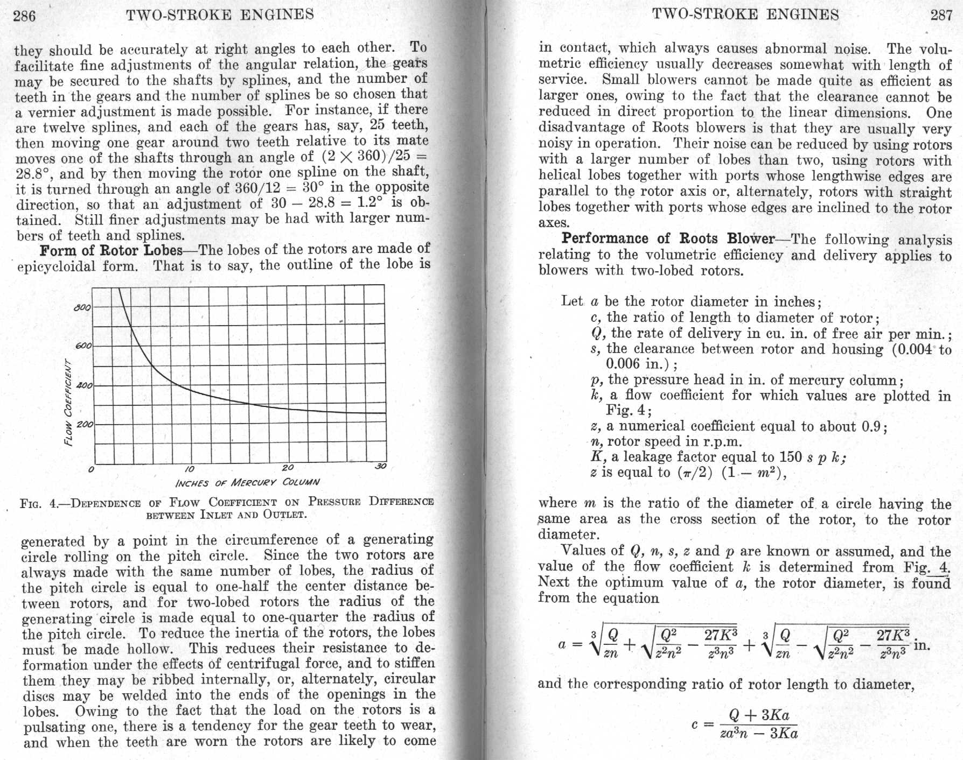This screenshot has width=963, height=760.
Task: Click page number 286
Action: (24, 16)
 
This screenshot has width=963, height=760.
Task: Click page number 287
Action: (941, 15)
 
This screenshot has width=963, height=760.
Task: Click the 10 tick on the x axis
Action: (189, 468)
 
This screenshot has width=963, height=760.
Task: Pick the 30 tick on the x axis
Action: (380, 466)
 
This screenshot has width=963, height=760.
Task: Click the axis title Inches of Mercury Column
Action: (247, 482)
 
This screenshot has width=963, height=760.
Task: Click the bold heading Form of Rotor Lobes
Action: (111, 251)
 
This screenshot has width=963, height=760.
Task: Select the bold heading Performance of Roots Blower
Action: (668, 238)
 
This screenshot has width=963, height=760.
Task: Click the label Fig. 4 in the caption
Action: (38, 504)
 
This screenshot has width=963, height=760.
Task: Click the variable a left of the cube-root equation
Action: (562, 644)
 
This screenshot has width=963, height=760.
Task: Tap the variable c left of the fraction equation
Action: (695, 724)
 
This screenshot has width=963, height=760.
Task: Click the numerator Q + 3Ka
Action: (758, 715)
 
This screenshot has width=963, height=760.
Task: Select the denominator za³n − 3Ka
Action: (758, 733)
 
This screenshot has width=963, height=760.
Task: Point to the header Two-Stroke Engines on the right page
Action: (745, 15)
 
